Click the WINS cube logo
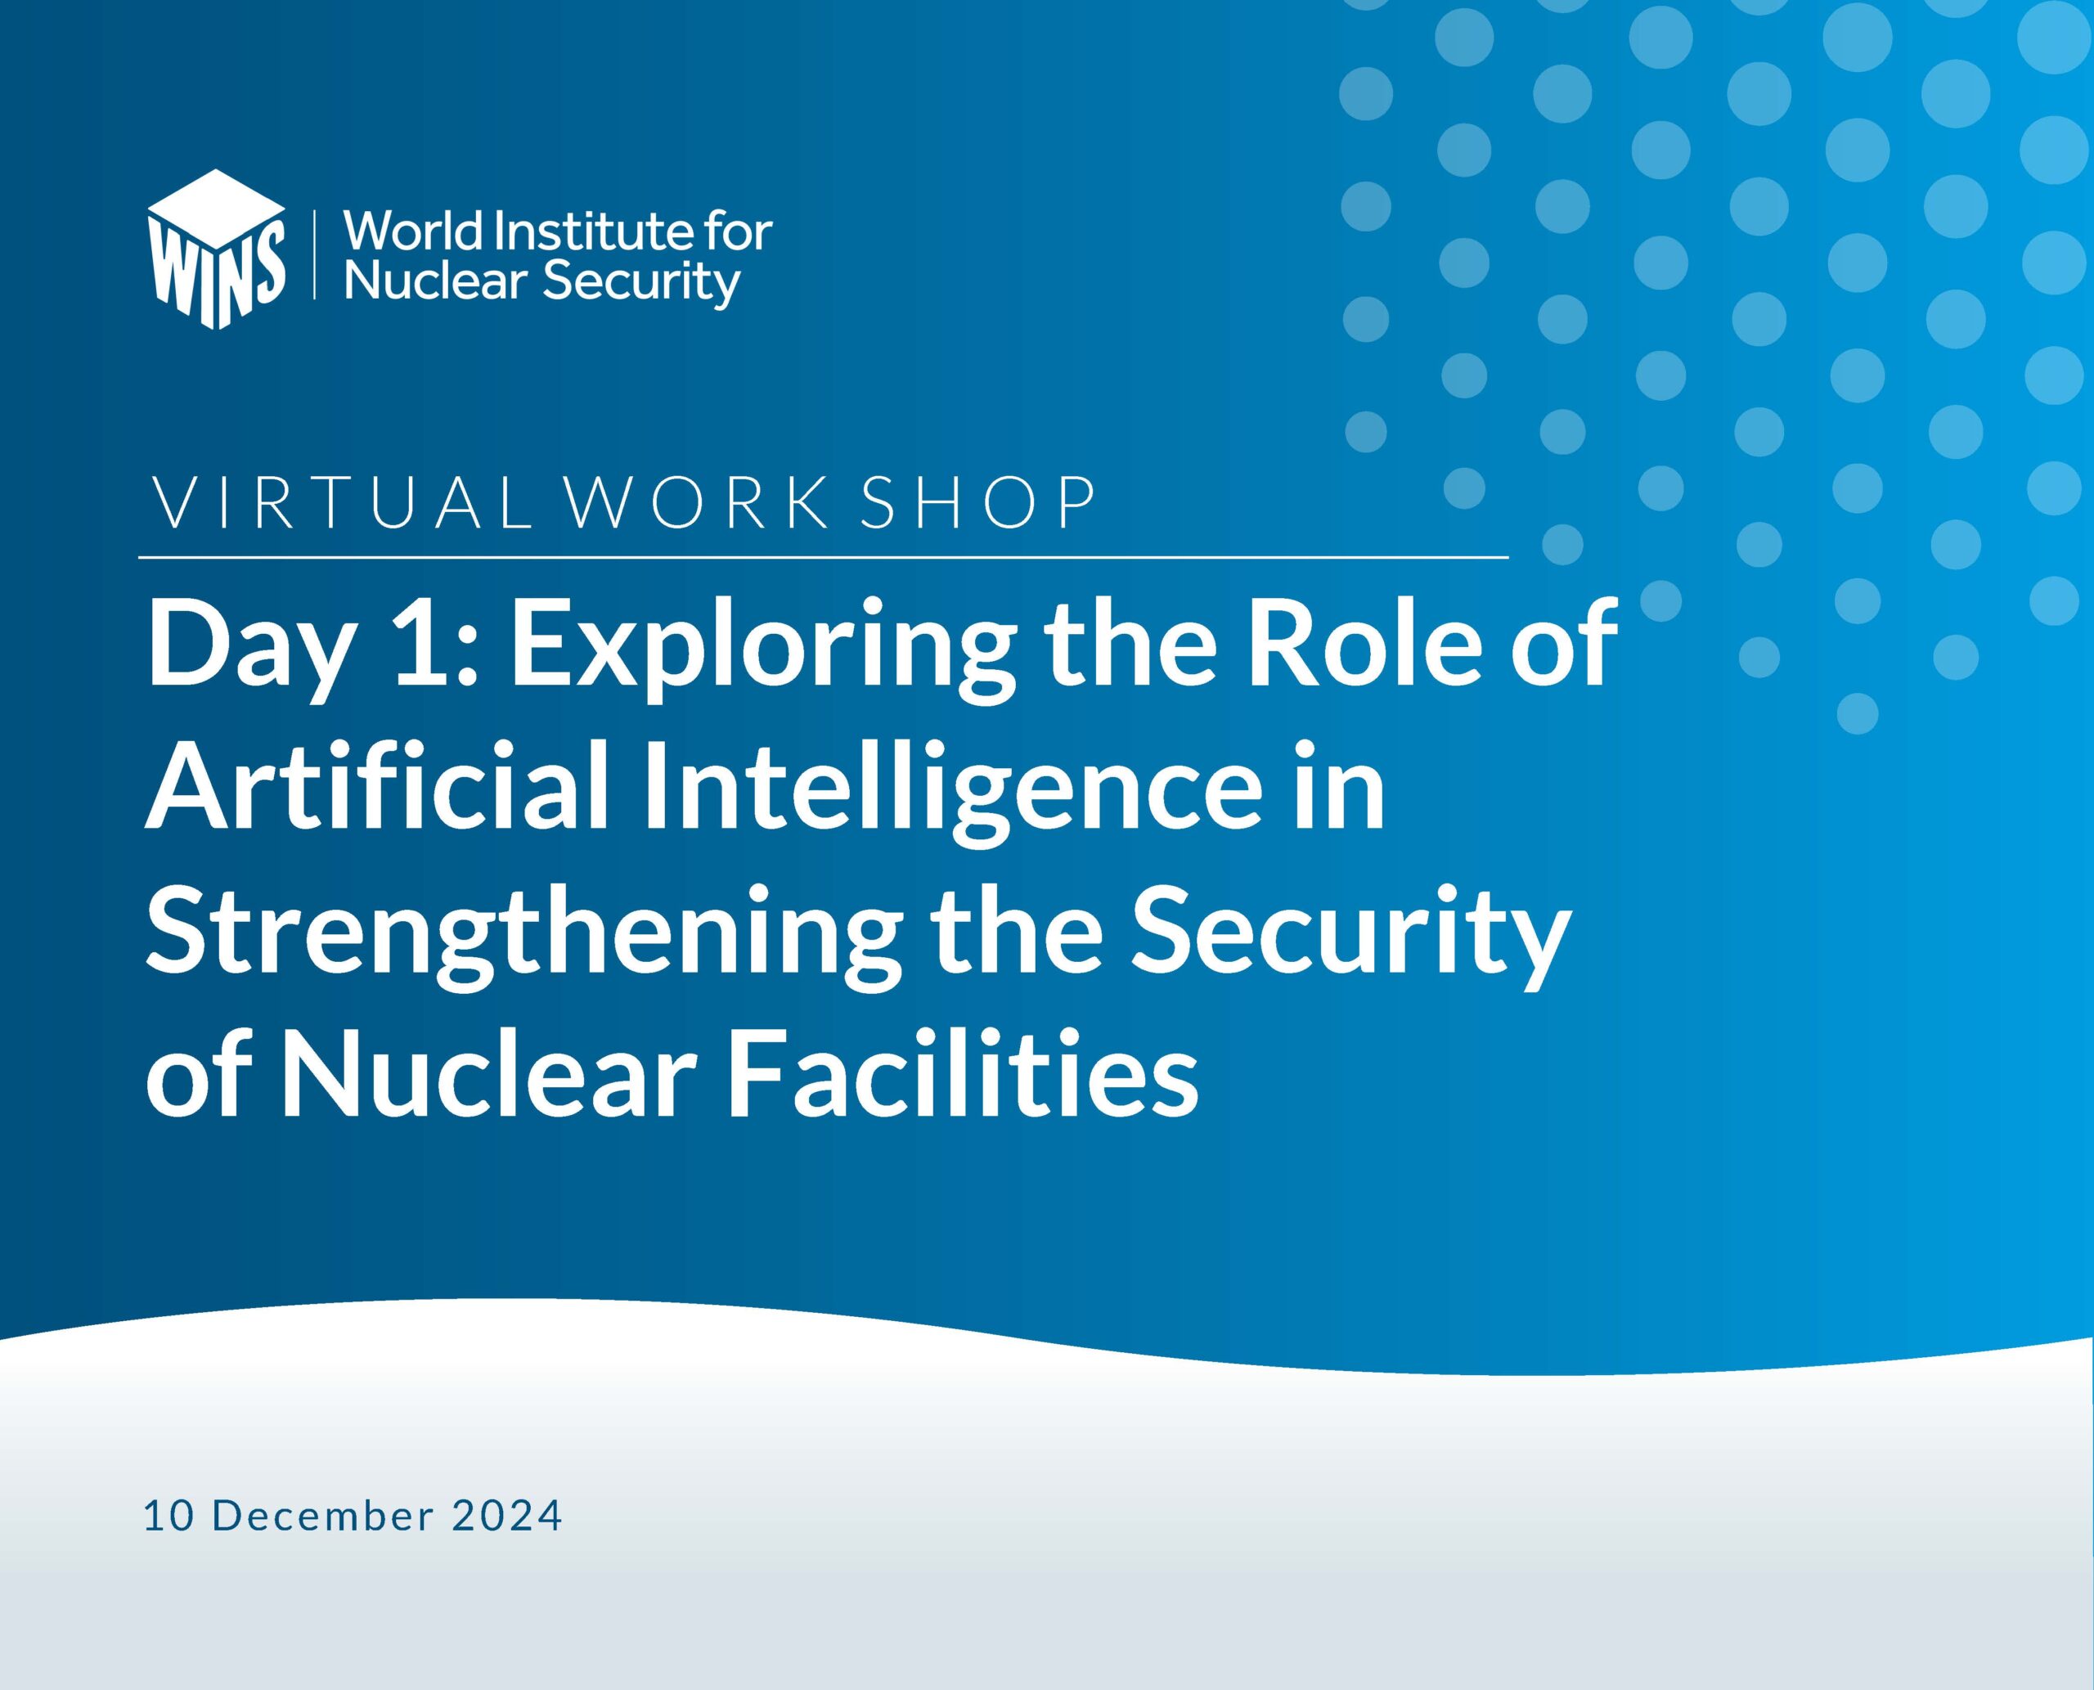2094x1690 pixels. [x=216, y=249]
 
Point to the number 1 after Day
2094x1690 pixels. [x=420, y=642]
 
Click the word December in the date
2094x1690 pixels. [x=322, y=1516]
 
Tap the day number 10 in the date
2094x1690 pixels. [x=167, y=1516]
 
